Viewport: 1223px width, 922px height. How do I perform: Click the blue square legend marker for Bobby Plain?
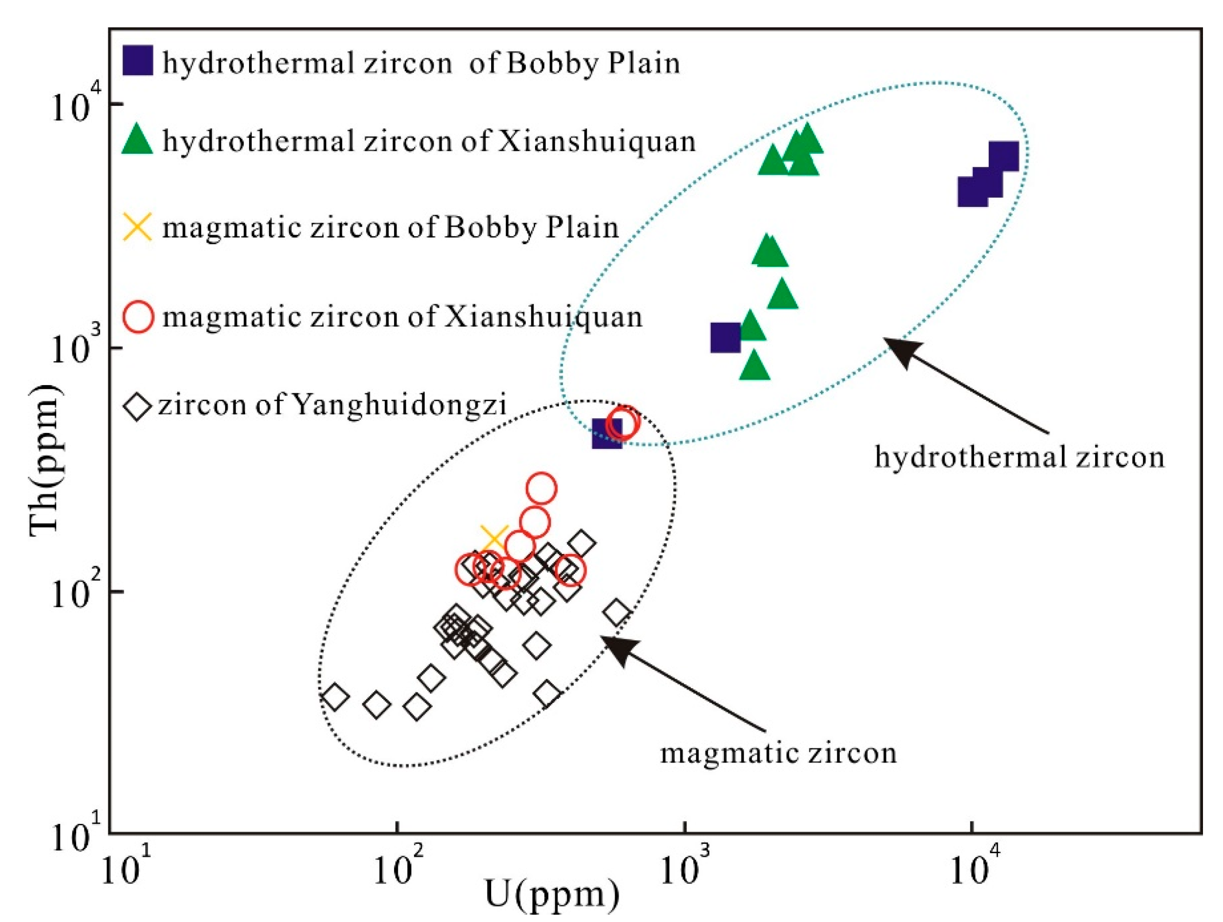tap(137, 61)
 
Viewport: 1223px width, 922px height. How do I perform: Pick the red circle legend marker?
tap(137, 317)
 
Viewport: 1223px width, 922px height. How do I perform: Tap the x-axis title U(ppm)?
tap(552, 894)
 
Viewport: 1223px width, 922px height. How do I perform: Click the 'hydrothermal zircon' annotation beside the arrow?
tap(1019, 458)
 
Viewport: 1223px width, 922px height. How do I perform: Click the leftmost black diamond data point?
tap(334, 697)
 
